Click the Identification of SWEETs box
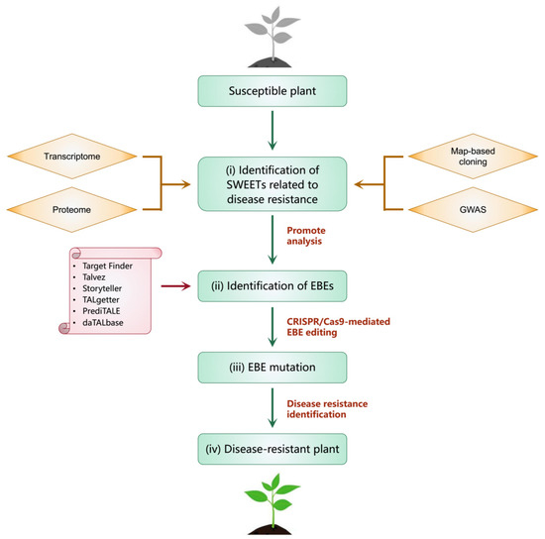coord(272,182)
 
